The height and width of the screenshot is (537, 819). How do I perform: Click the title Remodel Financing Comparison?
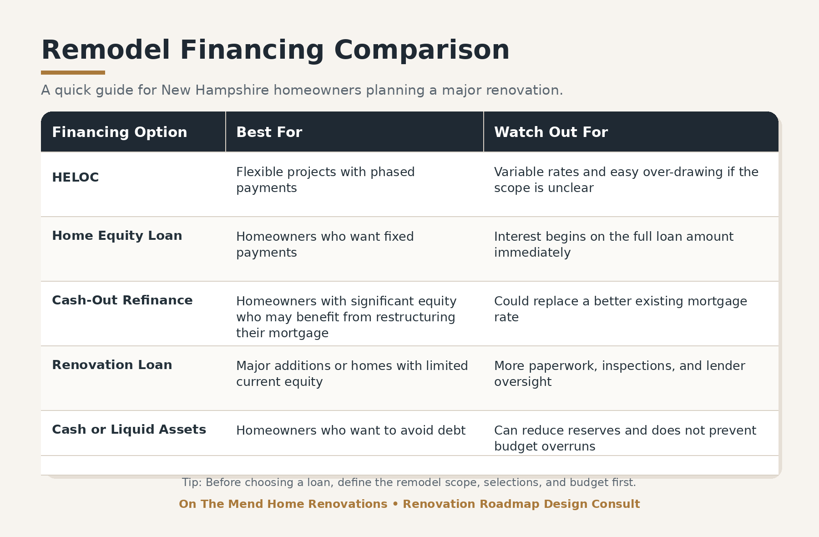point(275,50)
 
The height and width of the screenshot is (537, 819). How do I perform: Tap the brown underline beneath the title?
point(73,73)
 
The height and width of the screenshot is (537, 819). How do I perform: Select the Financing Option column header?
point(120,132)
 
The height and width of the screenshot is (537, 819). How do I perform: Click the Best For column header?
point(269,132)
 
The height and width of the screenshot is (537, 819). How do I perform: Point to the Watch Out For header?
point(551,132)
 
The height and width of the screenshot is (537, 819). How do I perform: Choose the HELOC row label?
point(76,177)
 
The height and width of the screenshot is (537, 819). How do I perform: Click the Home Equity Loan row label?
point(117,236)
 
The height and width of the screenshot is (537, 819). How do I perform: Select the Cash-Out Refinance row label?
point(122,300)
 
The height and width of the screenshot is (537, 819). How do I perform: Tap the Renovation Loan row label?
point(112,365)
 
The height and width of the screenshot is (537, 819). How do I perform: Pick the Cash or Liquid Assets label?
point(129,430)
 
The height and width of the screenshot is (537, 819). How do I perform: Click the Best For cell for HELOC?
point(325,180)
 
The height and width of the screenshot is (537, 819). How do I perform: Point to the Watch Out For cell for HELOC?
point(626,180)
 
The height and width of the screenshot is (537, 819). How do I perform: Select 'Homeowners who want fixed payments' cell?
point(325,244)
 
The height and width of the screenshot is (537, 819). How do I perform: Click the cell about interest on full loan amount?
point(614,244)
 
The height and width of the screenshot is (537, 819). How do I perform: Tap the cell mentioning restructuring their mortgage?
point(346,317)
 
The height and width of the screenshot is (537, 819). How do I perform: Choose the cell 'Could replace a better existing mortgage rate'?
point(621,309)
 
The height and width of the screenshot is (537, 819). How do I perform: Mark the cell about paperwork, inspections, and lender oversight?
point(620,374)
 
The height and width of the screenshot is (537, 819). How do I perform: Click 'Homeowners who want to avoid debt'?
point(351,431)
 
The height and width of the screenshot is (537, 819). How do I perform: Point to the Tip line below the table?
point(409,482)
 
